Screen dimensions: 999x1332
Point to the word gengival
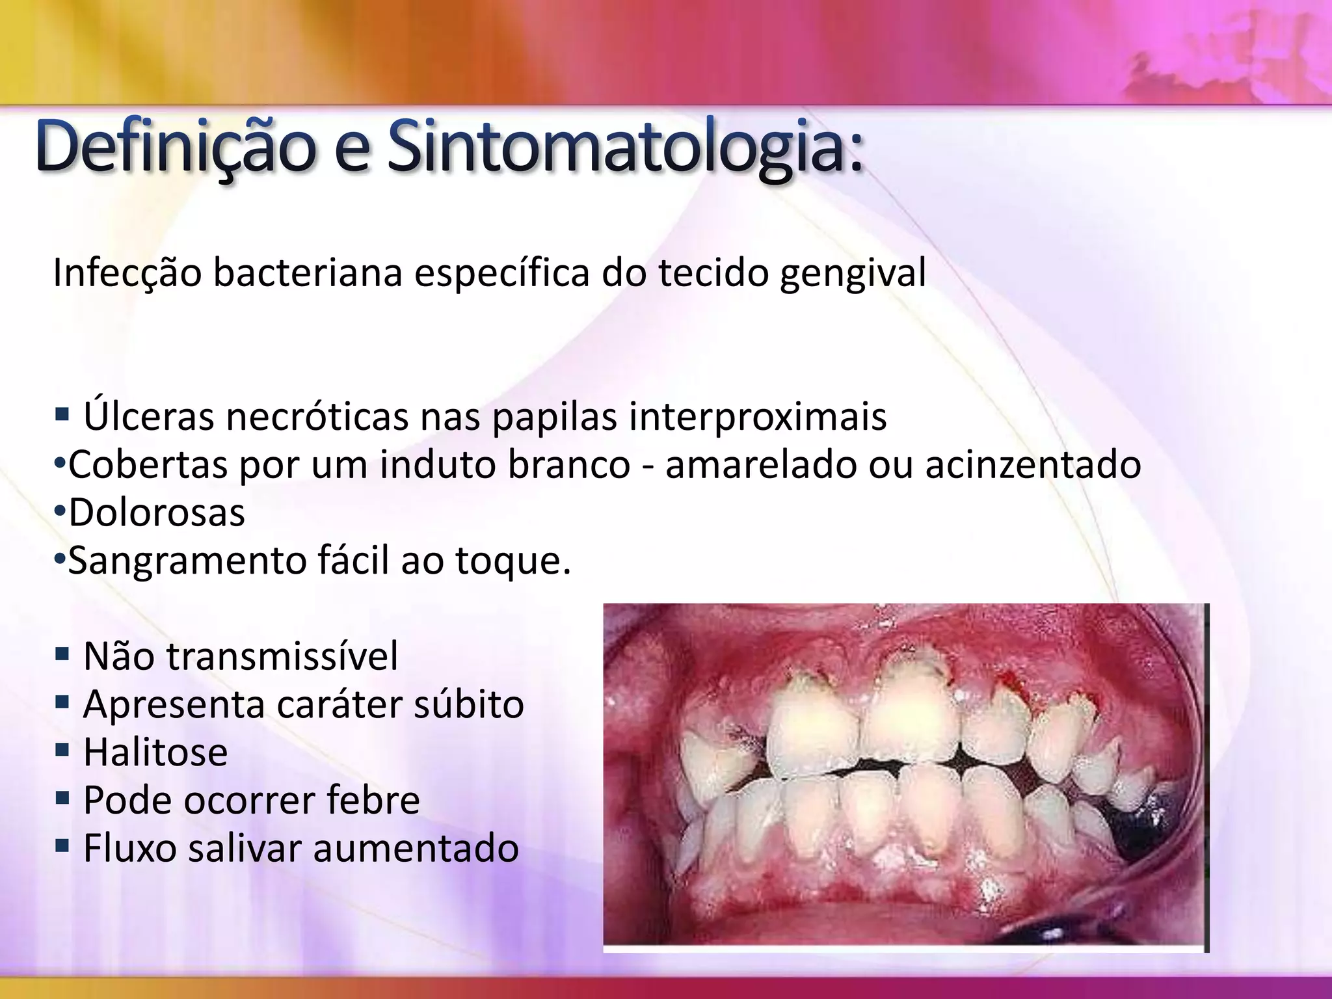pyautogui.click(x=853, y=273)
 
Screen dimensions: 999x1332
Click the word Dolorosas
pyautogui.click(x=157, y=513)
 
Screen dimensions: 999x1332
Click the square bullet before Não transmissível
pyautogui.click(x=62, y=653)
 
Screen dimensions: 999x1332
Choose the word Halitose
pyautogui.click(x=155, y=752)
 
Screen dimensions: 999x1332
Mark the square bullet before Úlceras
pyautogui.click(x=62, y=414)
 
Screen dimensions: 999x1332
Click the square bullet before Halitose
pyautogui.click(x=62, y=751)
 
